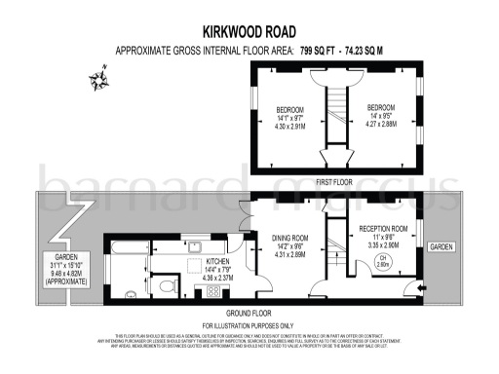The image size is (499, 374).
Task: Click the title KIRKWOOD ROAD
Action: coord(249,30)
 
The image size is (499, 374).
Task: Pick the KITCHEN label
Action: coord(217,261)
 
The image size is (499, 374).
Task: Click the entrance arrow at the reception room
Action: coord(419,288)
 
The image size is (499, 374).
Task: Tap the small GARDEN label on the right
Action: coord(441,246)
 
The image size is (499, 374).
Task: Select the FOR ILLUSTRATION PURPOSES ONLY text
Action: coord(248,324)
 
